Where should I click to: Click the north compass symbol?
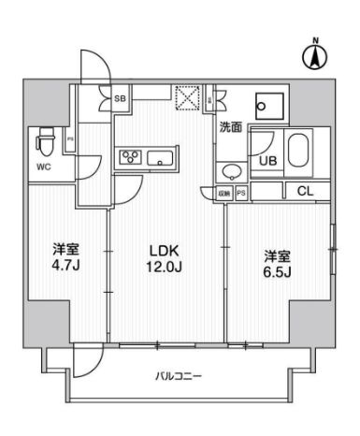[315, 56]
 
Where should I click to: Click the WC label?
[43, 168]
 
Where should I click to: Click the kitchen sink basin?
[162, 156]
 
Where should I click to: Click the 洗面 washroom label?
[231, 127]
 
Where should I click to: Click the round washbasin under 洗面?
[232, 171]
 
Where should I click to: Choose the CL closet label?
[305, 192]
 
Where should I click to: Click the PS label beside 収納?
[241, 193]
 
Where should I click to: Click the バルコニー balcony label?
[180, 376]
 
